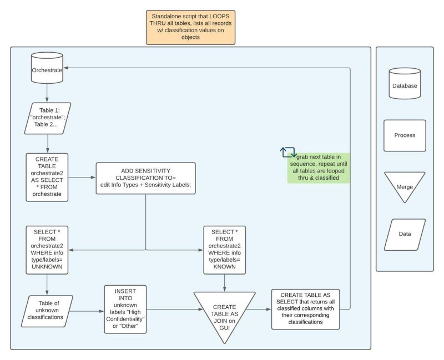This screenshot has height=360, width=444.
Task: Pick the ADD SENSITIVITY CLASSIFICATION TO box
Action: click(145, 178)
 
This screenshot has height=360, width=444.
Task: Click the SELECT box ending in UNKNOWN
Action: click(47, 250)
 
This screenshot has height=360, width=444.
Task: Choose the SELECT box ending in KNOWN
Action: click(224, 250)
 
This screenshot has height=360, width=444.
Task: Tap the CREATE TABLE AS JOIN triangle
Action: click(224, 310)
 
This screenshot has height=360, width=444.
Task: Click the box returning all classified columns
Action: click(305, 309)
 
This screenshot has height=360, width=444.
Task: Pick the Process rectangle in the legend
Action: click(405, 135)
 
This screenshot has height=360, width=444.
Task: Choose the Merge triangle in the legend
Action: click(405, 184)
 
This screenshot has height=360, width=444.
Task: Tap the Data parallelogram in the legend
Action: click(405, 234)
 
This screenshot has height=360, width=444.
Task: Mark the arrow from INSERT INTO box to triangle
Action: click(169, 309)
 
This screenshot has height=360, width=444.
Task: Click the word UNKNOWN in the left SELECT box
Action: click(47, 267)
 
